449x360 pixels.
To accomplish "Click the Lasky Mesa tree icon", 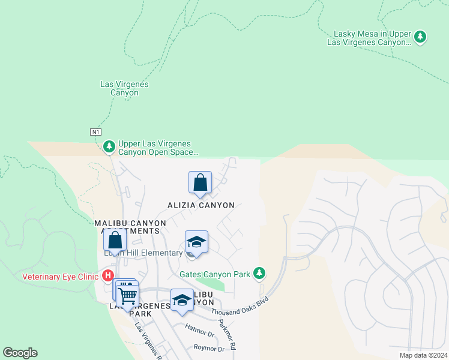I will [421, 37].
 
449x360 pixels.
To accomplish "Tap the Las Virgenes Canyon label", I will [124, 89].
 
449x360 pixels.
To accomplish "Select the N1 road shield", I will [96, 131].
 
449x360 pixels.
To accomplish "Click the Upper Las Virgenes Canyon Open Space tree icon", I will [109, 146].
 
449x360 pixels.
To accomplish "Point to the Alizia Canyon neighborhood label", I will [200, 205].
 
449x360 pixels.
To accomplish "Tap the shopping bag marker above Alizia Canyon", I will [200, 183].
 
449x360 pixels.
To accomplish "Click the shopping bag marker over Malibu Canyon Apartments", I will [115, 240].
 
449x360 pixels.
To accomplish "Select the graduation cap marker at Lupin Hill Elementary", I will [196, 242].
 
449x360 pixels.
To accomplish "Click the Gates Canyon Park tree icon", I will [259, 274].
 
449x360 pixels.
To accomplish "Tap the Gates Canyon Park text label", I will [215, 274].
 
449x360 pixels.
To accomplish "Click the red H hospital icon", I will [108, 277].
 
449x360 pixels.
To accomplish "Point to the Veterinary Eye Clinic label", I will [61, 277].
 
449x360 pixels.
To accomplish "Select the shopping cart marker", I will [127, 295].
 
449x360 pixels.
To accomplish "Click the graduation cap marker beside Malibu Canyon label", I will [182, 301].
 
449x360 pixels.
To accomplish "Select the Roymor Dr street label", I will [209, 347].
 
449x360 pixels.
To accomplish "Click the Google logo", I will [20, 353].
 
